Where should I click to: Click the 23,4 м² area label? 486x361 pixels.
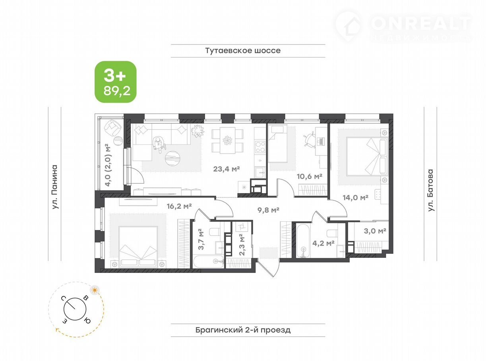click(x=227, y=169)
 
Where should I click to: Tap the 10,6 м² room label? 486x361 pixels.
click(x=310, y=177)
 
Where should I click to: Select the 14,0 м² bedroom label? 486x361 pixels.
click(x=355, y=198)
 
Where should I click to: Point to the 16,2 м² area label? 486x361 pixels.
click(x=179, y=206)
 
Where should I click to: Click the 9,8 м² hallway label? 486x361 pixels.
click(x=268, y=210)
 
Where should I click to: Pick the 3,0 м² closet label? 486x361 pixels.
click(x=375, y=231)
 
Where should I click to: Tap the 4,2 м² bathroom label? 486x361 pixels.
click(x=323, y=243)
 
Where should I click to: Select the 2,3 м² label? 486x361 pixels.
click(x=242, y=245)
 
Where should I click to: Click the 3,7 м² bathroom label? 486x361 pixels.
click(x=201, y=239)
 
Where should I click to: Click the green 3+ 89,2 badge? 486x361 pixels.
click(x=116, y=82)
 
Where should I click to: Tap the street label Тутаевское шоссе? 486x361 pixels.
click(x=243, y=50)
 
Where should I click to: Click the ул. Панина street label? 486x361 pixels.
click(x=55, y=187)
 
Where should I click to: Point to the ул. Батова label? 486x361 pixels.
click(x=431, y=190)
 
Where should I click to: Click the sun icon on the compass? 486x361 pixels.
click(x=95, y=290)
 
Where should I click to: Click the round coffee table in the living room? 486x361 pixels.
click(x=172, y=158)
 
